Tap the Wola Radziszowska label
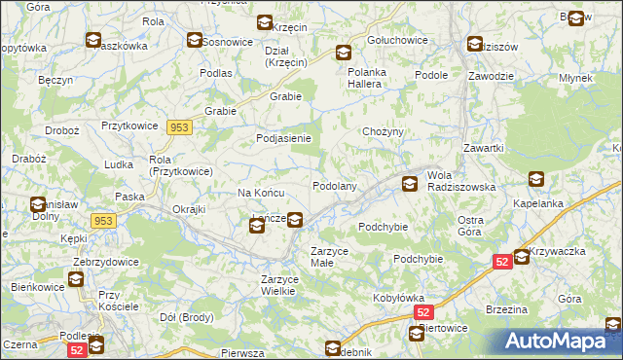tap(461, 181)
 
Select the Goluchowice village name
tap(397, 42)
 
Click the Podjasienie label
tap(282, 138)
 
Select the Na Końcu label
tap(261, 193)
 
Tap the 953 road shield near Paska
tap(103, 221)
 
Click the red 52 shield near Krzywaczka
tap(501, 262)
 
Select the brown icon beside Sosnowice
tap(195, 41)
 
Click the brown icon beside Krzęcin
tap(265, 23)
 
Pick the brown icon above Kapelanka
tap(536, 179)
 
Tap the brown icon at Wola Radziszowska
tap(411, 182)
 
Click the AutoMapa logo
tap(562, 342)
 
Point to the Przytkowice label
tap(130, 126)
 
